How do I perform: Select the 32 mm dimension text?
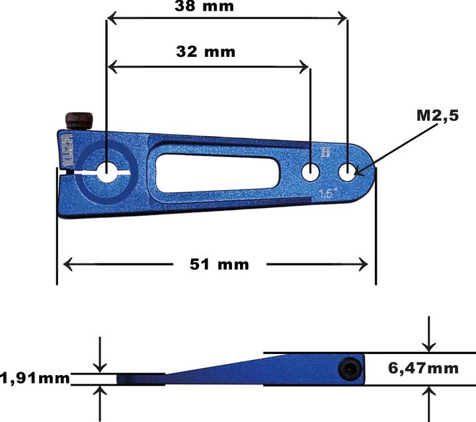coord(206,51)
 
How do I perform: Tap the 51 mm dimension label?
coord(219,264)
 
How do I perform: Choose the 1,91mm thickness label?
coord(35,378)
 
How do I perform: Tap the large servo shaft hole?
coord(106,172)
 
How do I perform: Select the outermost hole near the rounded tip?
coord(348,172)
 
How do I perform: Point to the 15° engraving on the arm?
coord(326,194)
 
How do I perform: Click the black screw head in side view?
coord(348,369)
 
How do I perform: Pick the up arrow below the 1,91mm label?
coord(100,392)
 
